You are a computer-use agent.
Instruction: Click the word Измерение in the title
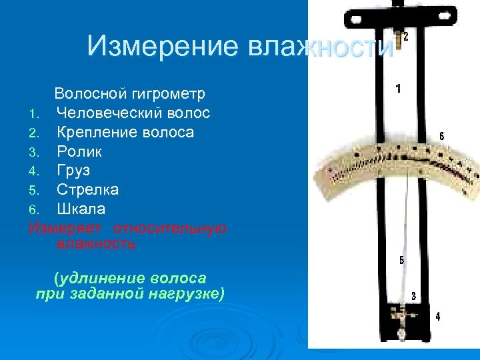click(x=162, y=46)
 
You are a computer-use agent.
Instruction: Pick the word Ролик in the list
click(x=79, y=151)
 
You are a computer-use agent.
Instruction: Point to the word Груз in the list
click(x=73, y=171)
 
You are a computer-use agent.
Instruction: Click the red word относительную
click(x=169, y=228)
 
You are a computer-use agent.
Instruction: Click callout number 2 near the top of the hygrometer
click(x=405, y=38)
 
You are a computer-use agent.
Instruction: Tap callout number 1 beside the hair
click(x=398, y=88)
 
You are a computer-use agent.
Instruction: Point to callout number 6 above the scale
click(x=441, y=136)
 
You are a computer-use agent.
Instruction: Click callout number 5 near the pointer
click(x=401, y=261)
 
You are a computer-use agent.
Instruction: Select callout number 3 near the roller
click(x=414, y=295)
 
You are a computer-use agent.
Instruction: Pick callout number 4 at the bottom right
click(x=437, y=317)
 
